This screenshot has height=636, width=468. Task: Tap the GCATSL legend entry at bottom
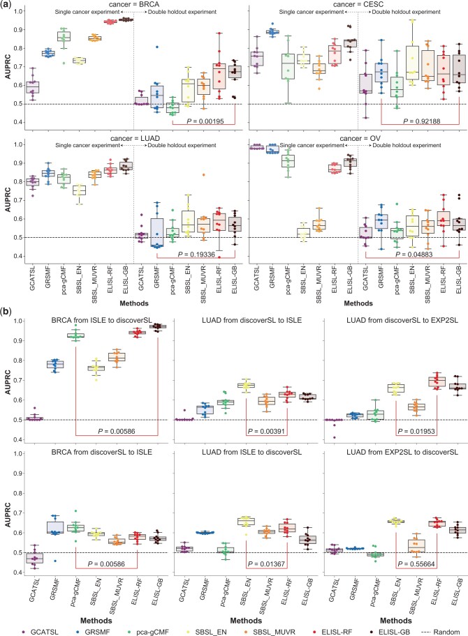point(35,628)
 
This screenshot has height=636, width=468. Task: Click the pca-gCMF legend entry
point(152,628)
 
